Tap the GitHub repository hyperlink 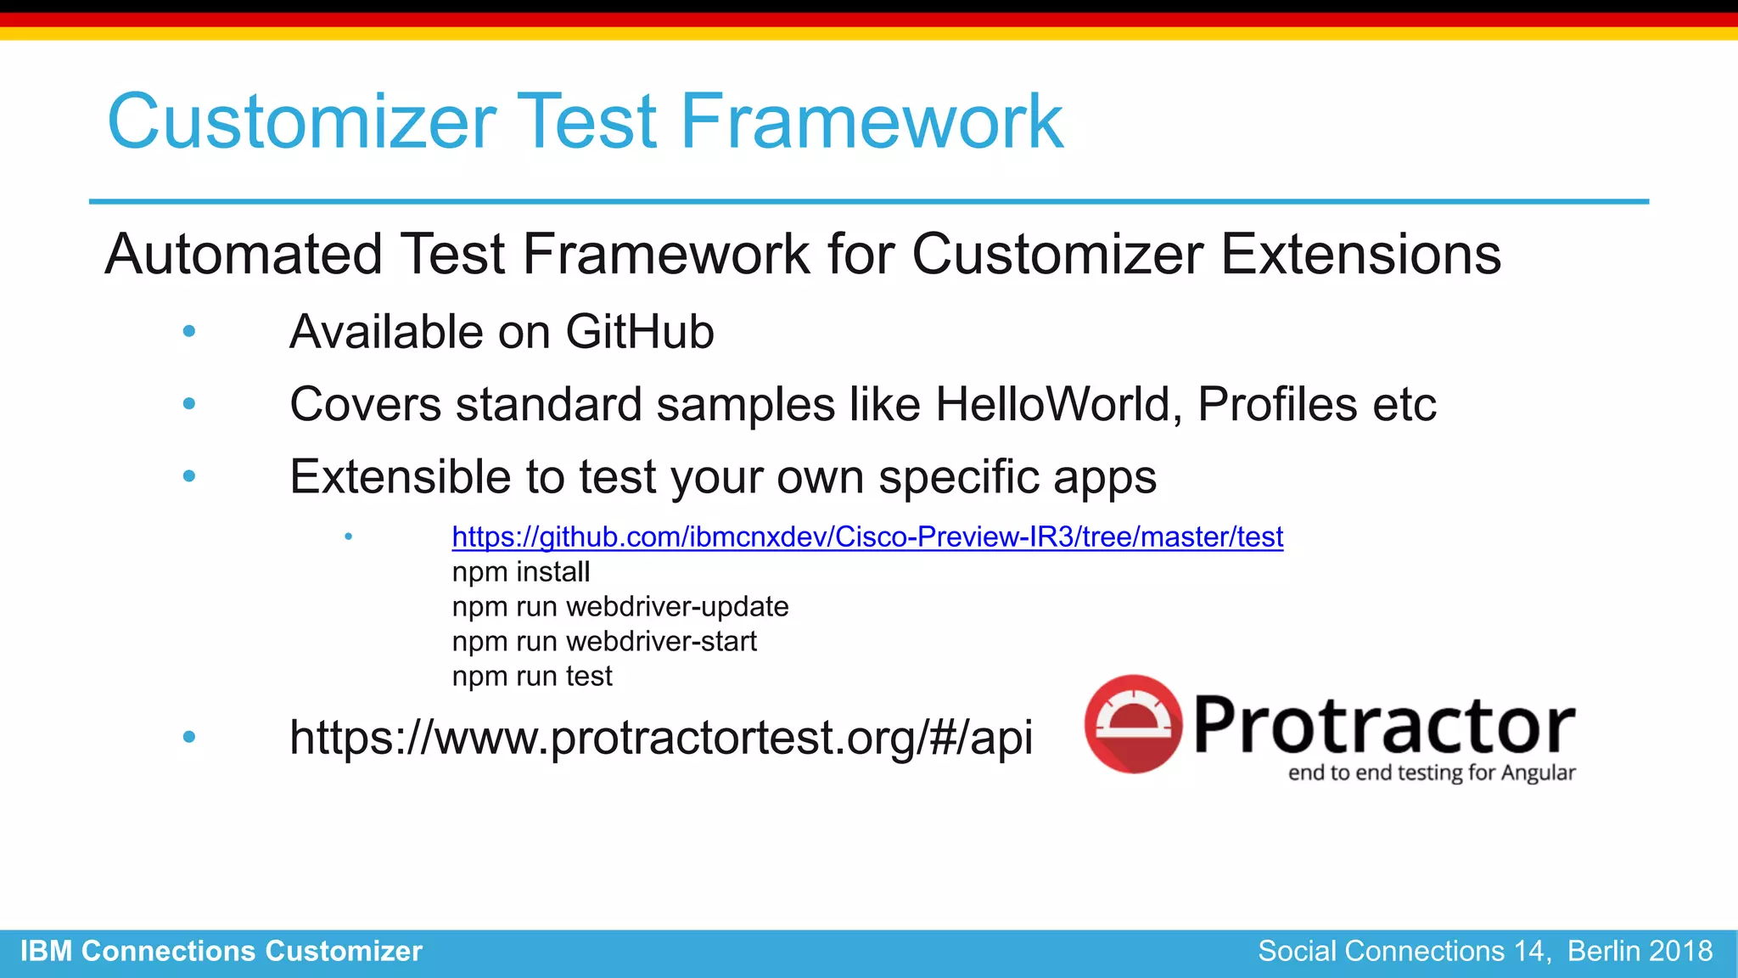(x=866, y=537)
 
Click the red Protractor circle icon (x=1133, y=724)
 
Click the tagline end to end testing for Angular (x=1431, y=773)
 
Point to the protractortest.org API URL (x=660, y=737)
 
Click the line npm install (x=520, y=572)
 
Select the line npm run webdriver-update (x=620, y=607)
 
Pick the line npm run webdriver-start (x=603, y=642)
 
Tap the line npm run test (x=531, y=677)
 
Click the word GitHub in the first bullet (x=639, y=332)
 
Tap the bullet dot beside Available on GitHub (x=189, y=331)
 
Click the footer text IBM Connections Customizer (x=221, y=951)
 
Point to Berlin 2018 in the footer (x=1640, y=951)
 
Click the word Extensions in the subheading (x=1360, y=254)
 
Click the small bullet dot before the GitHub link (x=348, y=537)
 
